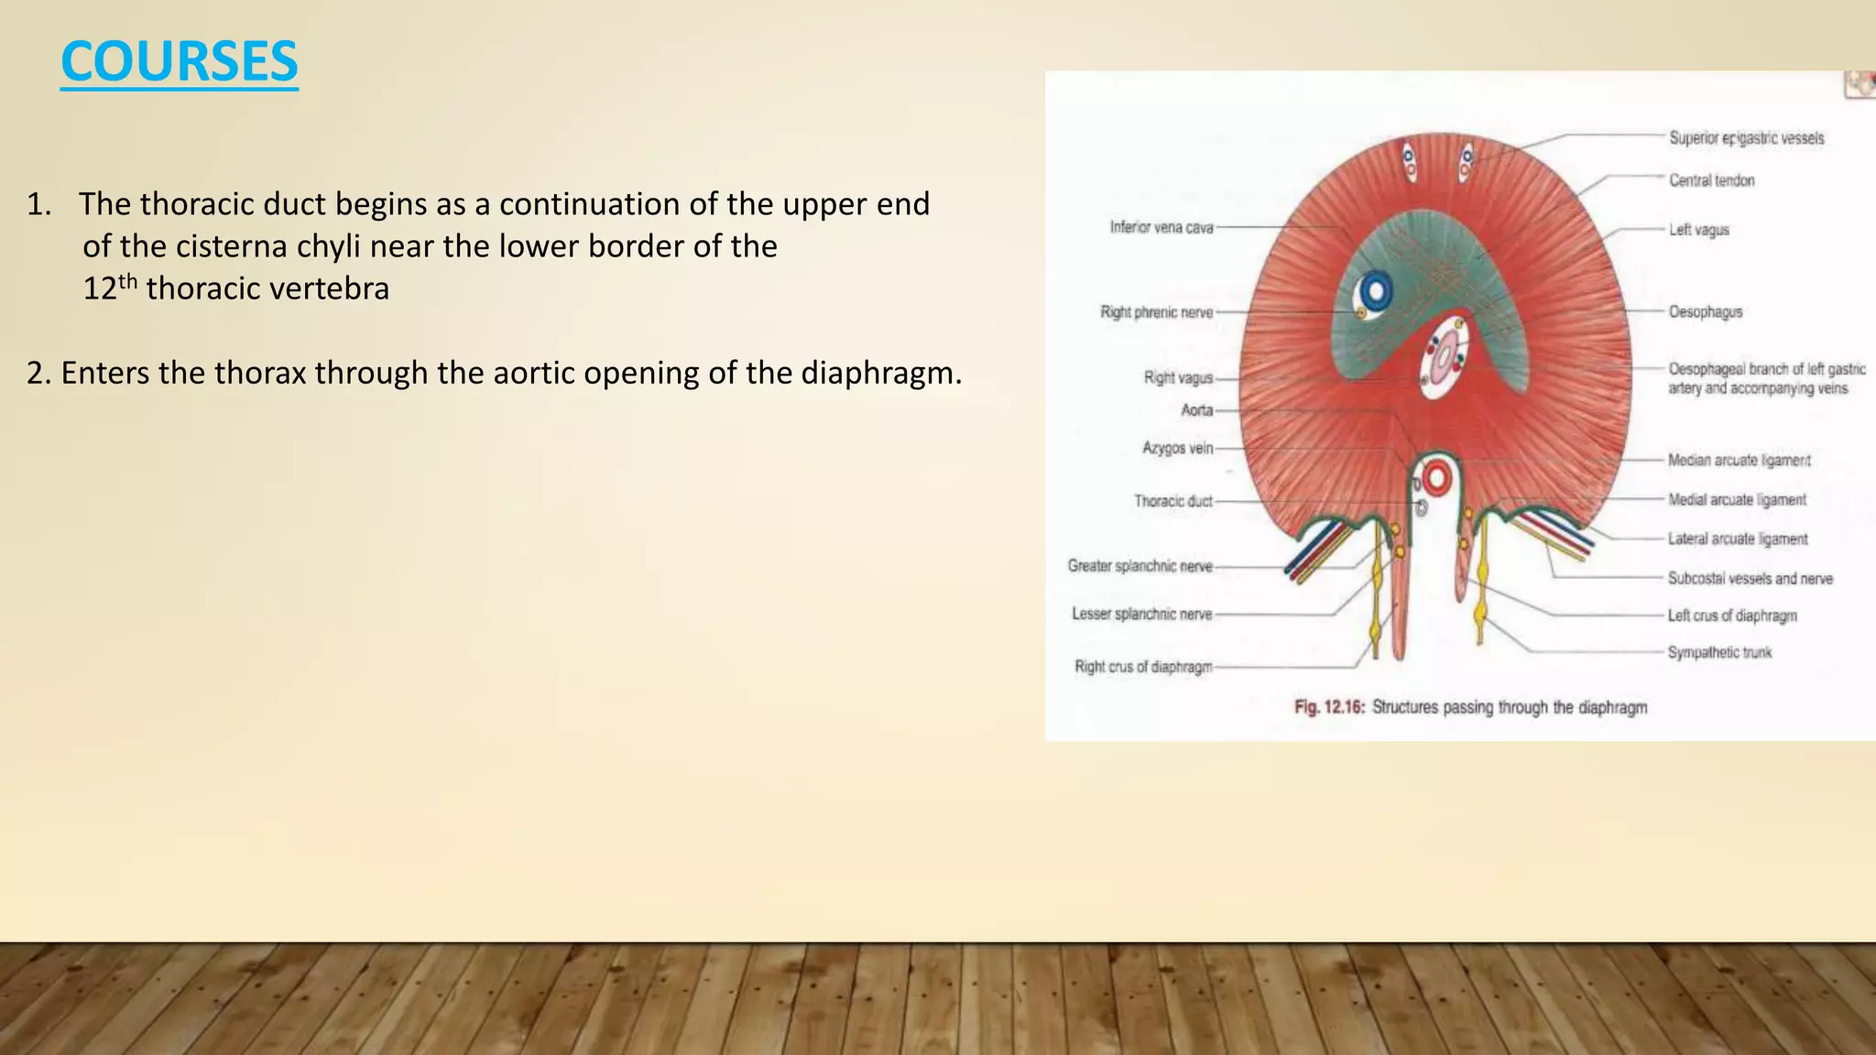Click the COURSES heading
click(x=180, y=62)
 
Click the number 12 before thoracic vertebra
click(x=100, y=289)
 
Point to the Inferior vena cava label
click(x=1161, y=227)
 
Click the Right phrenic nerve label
click(x=1156, y=312)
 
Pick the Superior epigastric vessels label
click(x=1746, y=138)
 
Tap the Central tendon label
click(x=1711, y=180)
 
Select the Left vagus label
click(x=1698, y=230)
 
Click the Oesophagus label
click(x=1705, y=312)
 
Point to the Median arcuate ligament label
click(x=1739, y=461)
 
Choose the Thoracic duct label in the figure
click(x=1172, y=501)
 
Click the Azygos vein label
click(x=1177, y=448)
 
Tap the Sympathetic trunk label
click(x=1719, y=652)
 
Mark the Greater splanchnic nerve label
click(x=1140, y=566)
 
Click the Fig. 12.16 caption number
click(x=1329, y=707)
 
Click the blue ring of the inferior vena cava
click(x=1375, y=292)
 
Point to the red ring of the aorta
click(x=1435, y=478)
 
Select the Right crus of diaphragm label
click(x=1143, y=667)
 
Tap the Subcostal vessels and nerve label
click(x=1750, y=579)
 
